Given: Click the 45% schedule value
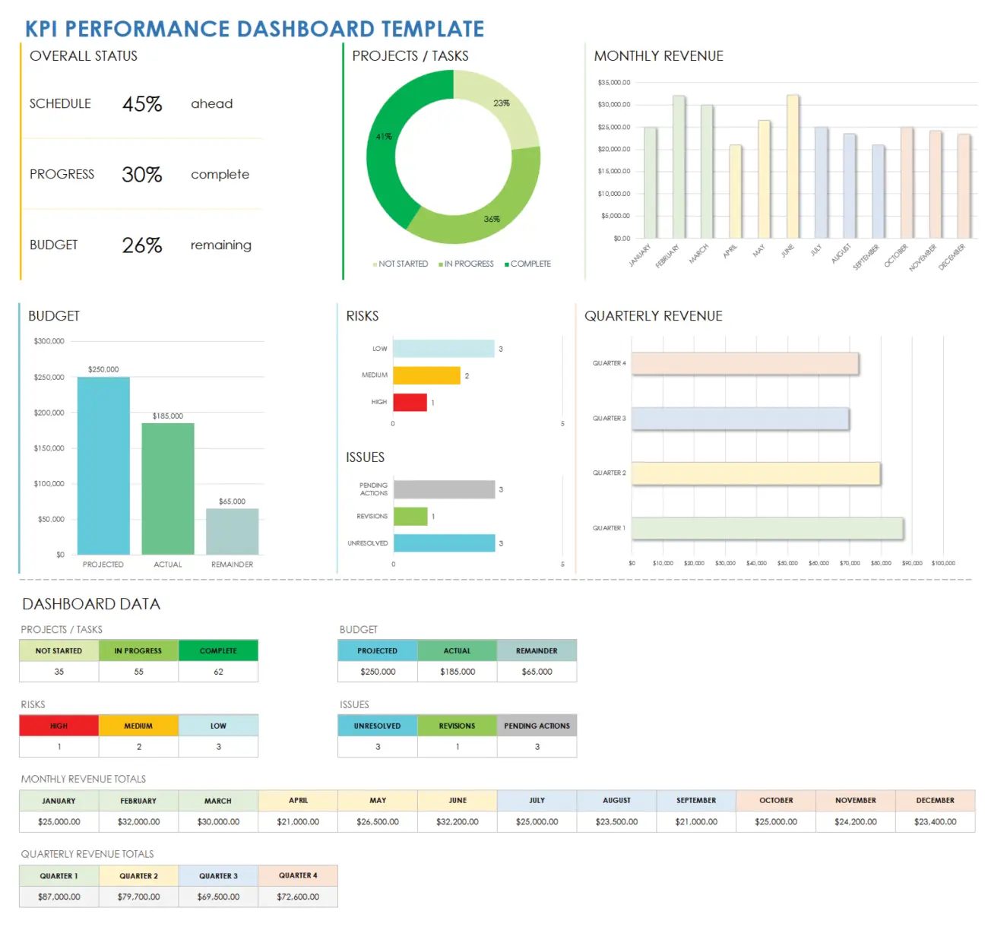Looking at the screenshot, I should pos(142,104).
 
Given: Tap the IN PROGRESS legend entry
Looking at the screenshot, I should pos(466,264).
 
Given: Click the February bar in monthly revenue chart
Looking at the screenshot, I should pos(678,167).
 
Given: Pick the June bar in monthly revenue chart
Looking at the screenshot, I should pos(792,167).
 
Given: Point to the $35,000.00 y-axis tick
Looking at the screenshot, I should pos(613,82).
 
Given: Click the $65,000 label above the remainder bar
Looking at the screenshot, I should pos(232,501).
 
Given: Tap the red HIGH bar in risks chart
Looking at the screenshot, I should pos(410,403).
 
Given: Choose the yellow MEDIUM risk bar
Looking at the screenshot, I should pos(426,375).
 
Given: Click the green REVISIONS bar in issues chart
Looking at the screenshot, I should pos(410,517).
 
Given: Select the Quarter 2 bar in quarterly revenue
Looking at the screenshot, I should pos(755,473).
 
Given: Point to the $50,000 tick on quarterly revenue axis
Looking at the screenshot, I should pos(787,563).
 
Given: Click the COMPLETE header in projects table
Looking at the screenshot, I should pos(218,650).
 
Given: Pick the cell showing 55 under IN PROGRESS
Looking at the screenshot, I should pos(138,672).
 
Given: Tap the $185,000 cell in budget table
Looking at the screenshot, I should pos(457,672).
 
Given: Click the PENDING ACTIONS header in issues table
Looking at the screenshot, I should pos(537,726).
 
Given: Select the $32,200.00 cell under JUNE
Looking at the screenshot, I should pos(457,821).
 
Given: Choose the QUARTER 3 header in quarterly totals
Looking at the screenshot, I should pos(218,876).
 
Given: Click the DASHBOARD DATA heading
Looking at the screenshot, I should pos(91,604).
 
